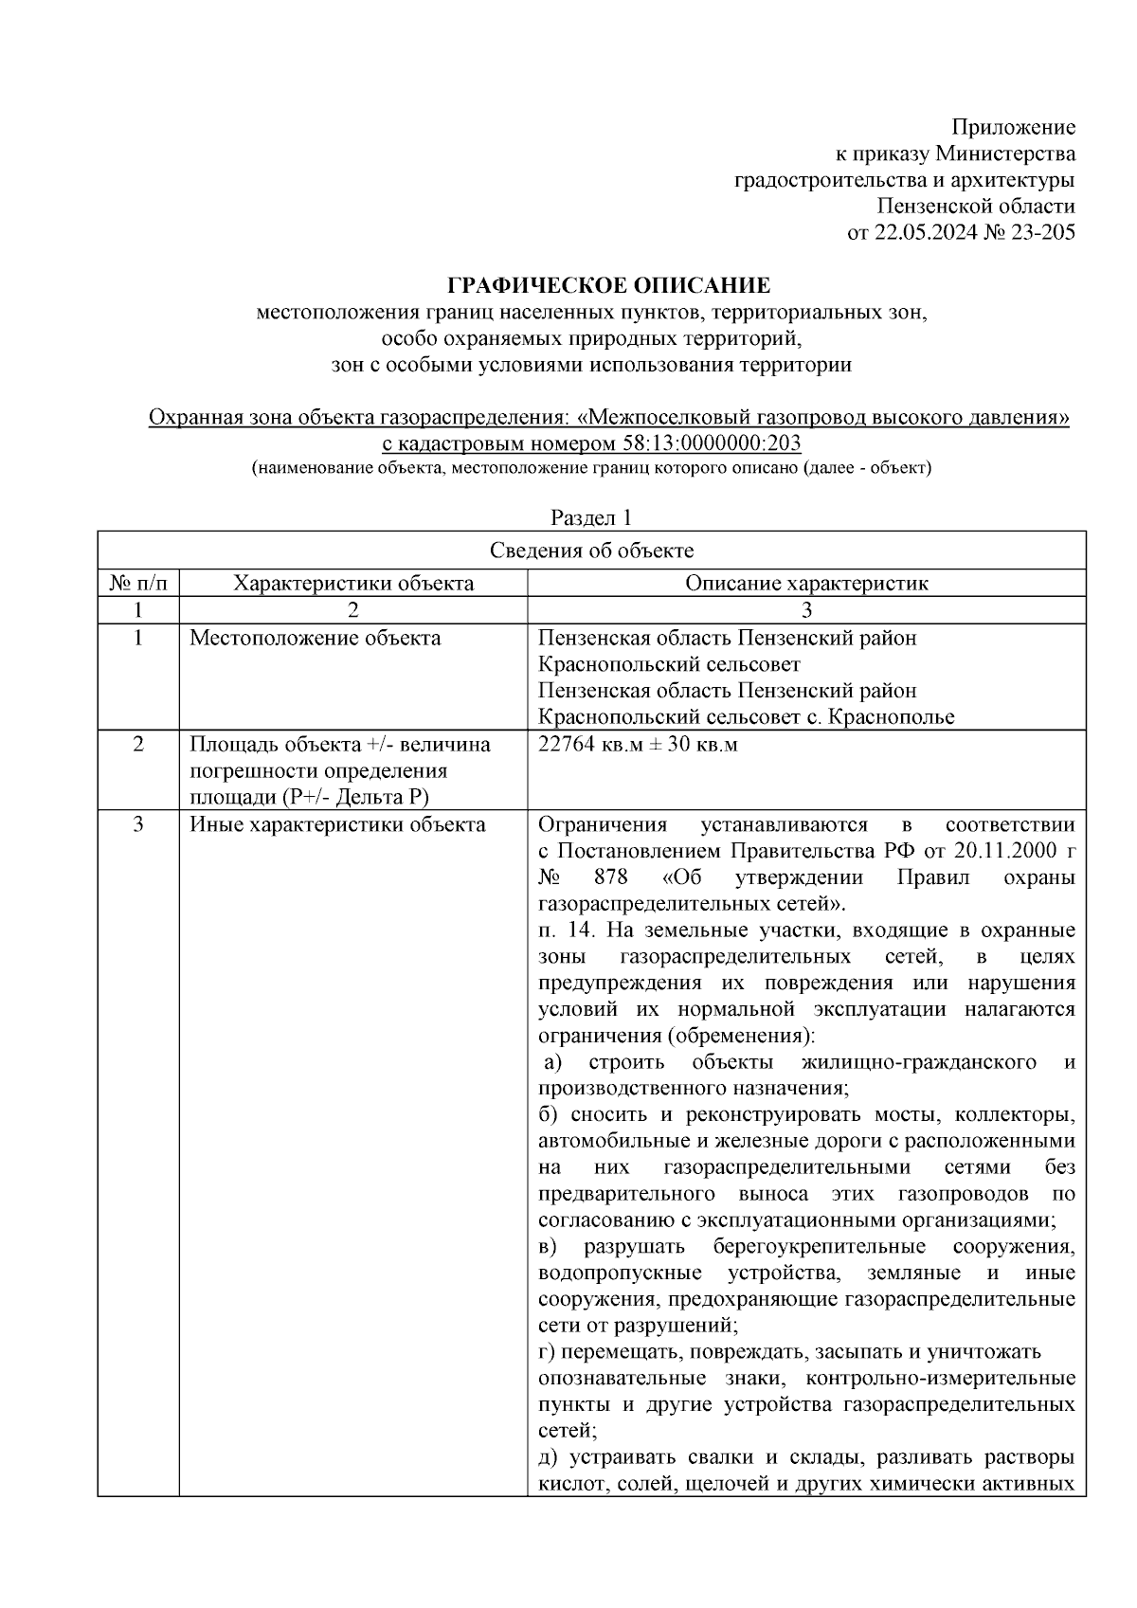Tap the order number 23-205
[x=1043, y=232]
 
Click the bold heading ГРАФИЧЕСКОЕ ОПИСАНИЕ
[x=608, y=285]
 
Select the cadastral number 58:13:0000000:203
[x=712, y=443]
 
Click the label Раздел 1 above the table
[x=591, y=517]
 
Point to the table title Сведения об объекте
[x=591, y=551]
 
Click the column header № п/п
[x=138, y=583]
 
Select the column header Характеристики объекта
[x=353, y=583]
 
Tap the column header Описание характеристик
[x=806, y=583]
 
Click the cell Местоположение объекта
[x=316, y=638]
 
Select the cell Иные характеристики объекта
[x=337, y=824]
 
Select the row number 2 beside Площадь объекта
[x=138, y=745]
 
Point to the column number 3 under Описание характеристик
[x=806, y=609]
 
